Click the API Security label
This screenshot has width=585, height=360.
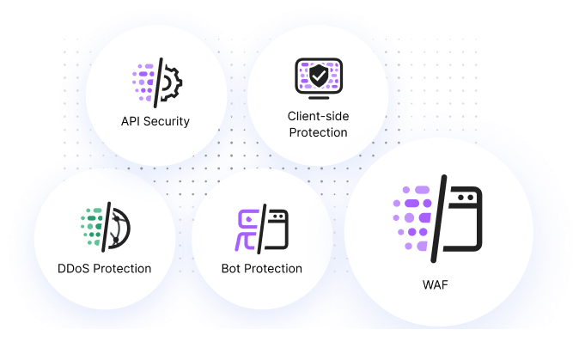[x=155, y=121]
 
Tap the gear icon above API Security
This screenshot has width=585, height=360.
[x=172, y=82]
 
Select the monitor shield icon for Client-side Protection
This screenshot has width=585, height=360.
[x=318, y=76]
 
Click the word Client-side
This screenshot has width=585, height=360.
[x=318, y=116]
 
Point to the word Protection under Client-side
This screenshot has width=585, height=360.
[x=318, y=132]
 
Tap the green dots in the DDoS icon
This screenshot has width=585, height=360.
[x=90, y=226]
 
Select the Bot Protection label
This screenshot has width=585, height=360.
[x=261, y=268]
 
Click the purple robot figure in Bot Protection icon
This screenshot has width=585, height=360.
[x=248, y=229]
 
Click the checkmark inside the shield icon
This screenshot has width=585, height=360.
[x=318, y=76]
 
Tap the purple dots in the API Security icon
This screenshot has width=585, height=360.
[x=143, y=82]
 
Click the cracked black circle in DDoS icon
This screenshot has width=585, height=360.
[x=119, y=228]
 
